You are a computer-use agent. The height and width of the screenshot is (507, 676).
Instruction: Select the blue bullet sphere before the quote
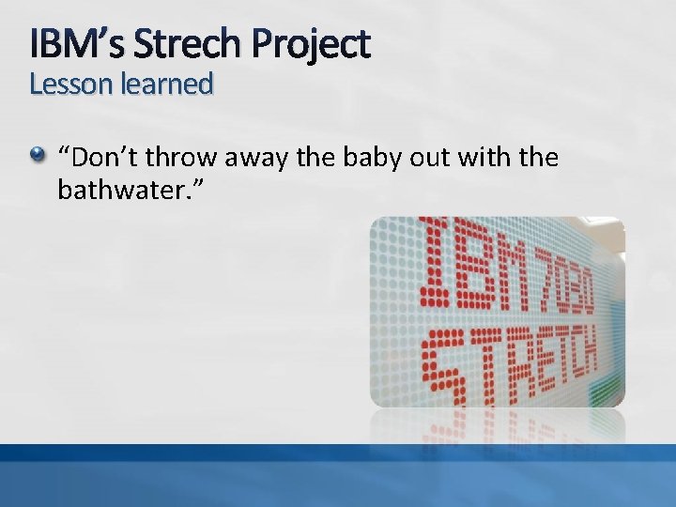(x=38, y=157)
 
